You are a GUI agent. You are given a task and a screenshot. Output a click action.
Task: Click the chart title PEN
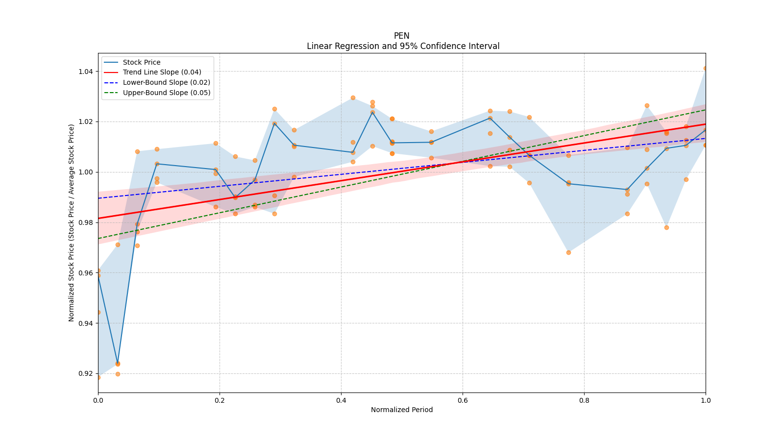pyautogui.click(x=401, y=36)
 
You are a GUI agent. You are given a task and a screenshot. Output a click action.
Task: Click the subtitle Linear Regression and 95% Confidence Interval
pyautogui.click(x=403, y=46)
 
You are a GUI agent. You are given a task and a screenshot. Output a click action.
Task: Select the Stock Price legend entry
pyautogui.click(x=142, y=62)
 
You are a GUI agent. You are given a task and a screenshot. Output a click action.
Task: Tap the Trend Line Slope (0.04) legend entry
pyautogui.click(x=162, y=73)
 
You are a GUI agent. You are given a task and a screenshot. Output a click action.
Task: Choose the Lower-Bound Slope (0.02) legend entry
pyautogui.click(x=166, y=83)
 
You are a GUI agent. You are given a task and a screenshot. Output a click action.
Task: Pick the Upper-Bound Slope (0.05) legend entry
pyautogui.click(x=167, y=93)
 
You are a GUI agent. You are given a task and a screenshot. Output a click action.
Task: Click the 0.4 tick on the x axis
pyautogui.click(x=341, y=400)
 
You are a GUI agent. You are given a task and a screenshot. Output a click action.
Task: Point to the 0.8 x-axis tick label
pyautogui.click(x=584, y=400)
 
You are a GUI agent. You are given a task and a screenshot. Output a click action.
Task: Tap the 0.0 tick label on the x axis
pyautogui.click(x=98, y=400)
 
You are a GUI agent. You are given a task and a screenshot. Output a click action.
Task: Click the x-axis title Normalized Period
pyautogui.click(x=402, y=410)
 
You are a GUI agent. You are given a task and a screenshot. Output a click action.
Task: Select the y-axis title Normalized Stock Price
pyautogui.click(x=72, y=222)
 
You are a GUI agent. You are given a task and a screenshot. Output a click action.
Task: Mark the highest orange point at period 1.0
pyautogui.click(x=706, y=68)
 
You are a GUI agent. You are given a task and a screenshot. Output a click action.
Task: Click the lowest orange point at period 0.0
pyautogui.click(x=98, y=377)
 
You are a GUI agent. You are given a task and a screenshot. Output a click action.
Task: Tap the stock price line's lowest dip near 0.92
pyautogui.click(x=118, y=363)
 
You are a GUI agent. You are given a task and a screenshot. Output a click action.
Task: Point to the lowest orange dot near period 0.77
pyautogui.click(x=568, y=252)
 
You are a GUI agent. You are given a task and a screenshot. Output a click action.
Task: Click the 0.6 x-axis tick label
pyautogui.click(x=463, y=400)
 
